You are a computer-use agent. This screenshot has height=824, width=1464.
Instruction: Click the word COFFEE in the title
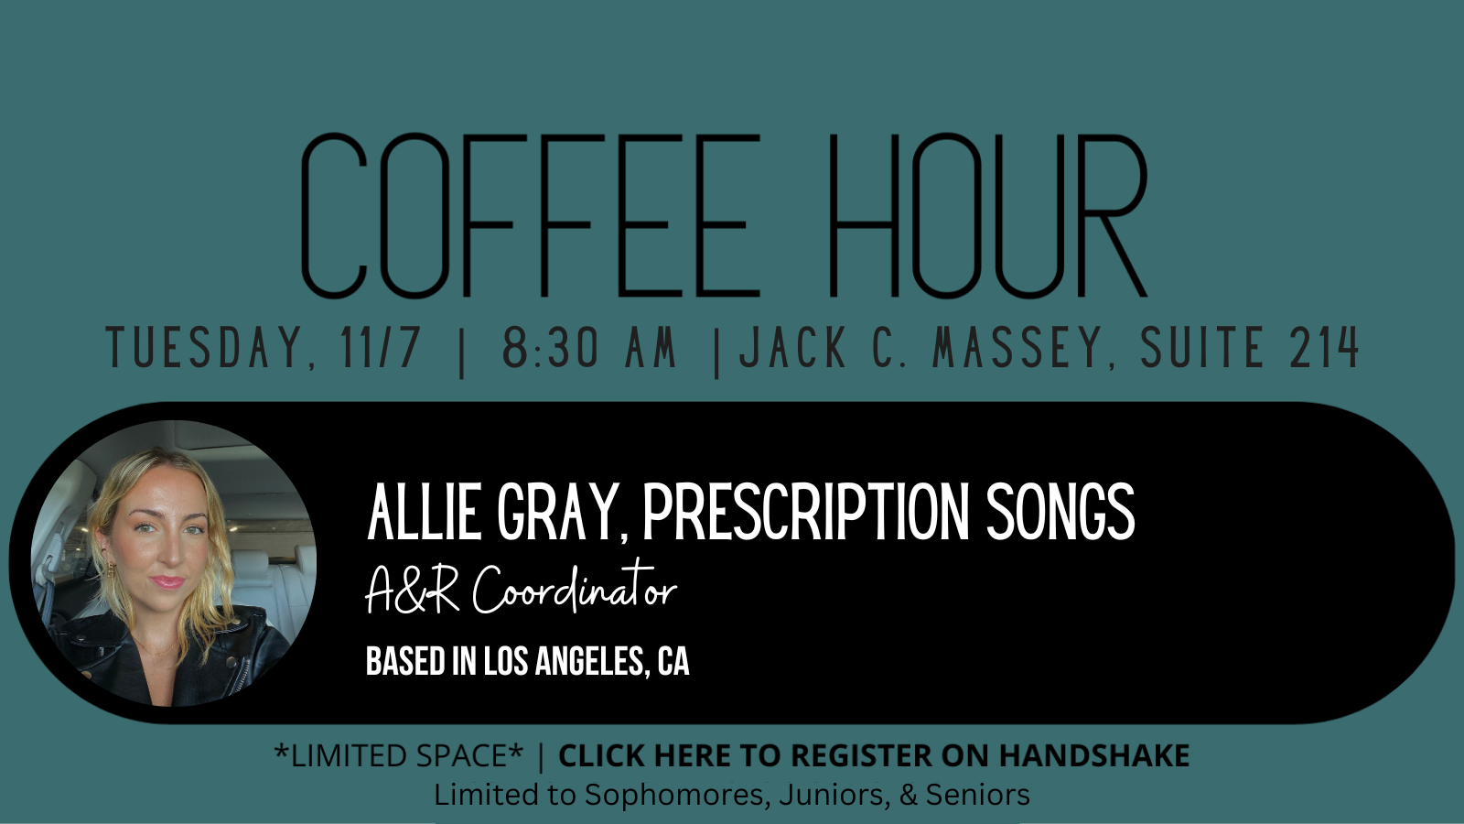[x=530, y=215]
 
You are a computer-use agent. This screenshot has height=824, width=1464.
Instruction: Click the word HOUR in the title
[x=988, y=215]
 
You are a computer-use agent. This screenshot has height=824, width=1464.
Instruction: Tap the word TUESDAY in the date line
[x=210, y=347]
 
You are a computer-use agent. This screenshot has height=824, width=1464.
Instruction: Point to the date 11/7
[x=380, y=347]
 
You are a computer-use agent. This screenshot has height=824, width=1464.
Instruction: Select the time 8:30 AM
[x=589, y=347]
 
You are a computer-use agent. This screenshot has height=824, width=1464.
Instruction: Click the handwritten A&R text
[x=413, y=590]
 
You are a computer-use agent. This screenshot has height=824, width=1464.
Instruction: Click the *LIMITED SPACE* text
[x=399, y=755]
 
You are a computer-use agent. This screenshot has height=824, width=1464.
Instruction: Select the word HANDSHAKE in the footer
[x=1094, y=755]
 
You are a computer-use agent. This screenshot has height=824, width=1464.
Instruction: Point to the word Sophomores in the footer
[x=673, y=795]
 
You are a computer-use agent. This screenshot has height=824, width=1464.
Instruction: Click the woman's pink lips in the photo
[x=167, y=581]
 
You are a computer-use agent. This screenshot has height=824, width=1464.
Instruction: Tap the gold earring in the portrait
[x=111, y=570]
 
